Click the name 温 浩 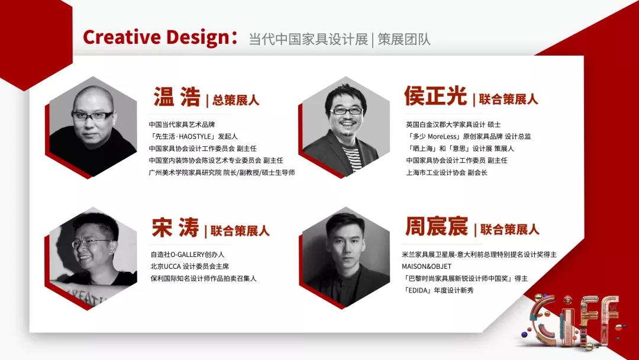point(177,97)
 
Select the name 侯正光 point(435,97)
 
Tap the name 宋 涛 point(176,227)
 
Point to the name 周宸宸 point(437,227)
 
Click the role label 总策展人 point(235,100)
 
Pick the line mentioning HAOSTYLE point(193,136)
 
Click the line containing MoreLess point(468,136)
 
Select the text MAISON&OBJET point(427,266)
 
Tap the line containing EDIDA point(438,290)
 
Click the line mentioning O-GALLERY point(188,255)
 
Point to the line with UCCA point(189,266)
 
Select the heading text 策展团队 point(404,40)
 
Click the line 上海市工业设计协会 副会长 point(446,172)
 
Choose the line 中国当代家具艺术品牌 point(182,124)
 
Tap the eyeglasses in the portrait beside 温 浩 point(92,116)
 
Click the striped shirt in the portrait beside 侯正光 point(353,158)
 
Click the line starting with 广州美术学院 point(222,172)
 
